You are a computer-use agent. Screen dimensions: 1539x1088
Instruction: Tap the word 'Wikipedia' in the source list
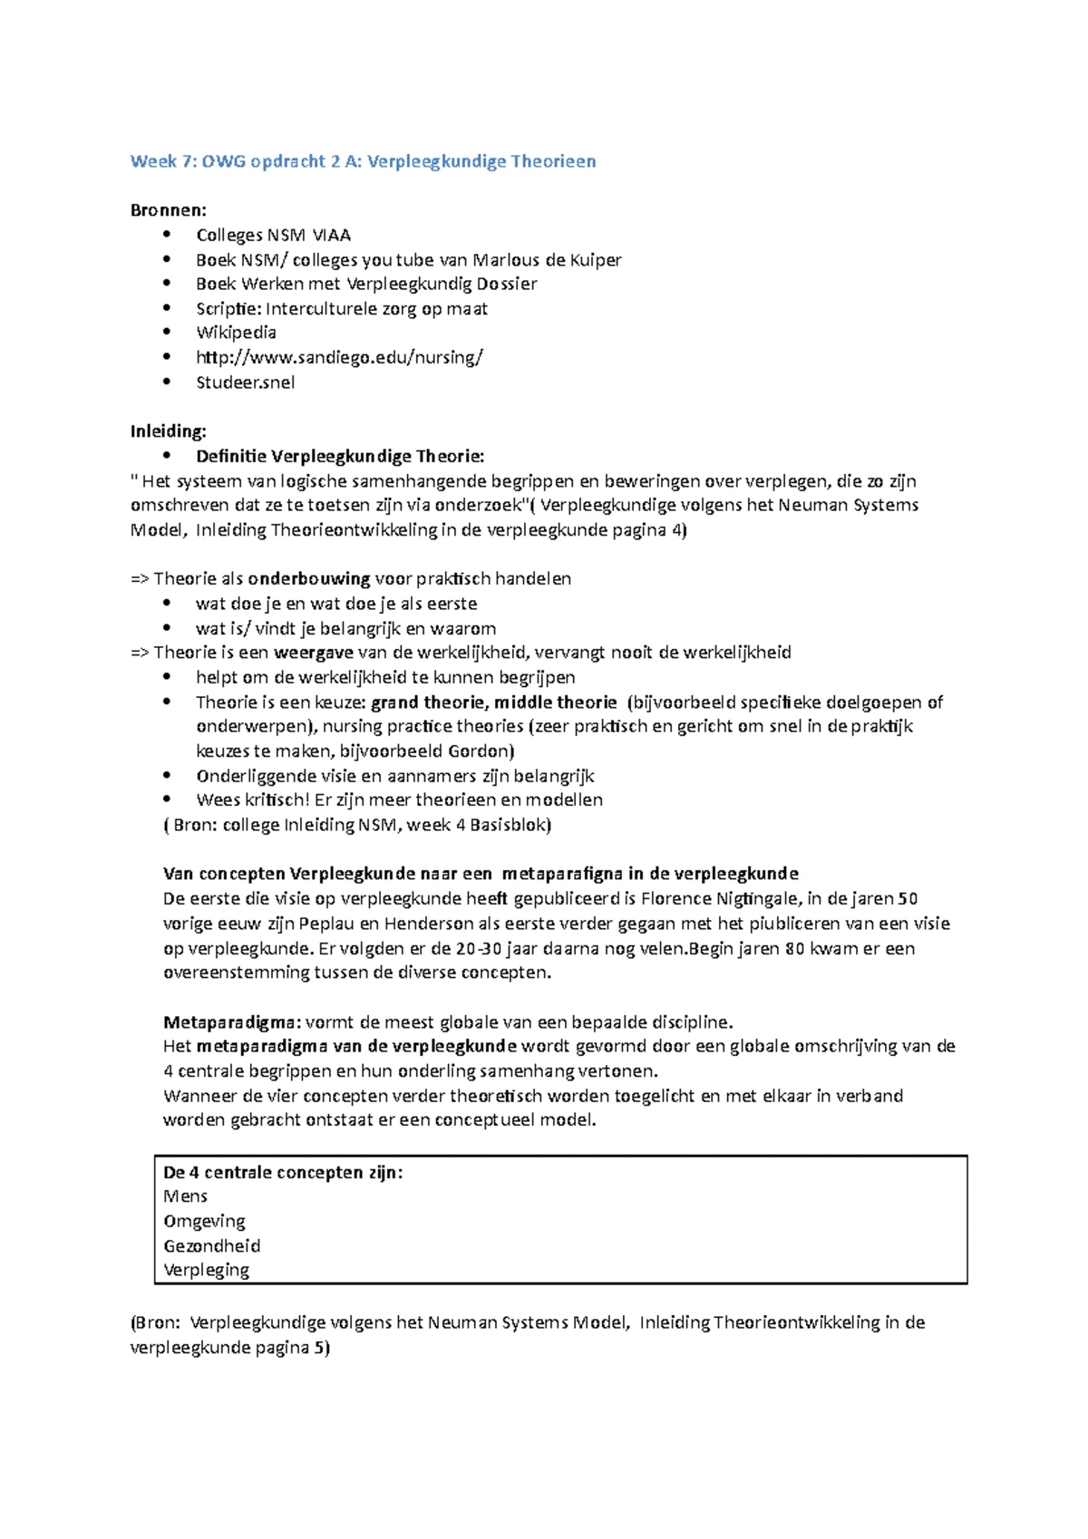tap(236, 333)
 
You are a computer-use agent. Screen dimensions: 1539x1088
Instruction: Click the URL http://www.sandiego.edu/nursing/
tap(339, 357)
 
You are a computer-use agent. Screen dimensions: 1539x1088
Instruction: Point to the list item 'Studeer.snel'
tap(245, 382)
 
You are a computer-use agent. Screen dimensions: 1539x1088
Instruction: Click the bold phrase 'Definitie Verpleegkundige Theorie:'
tap(340, 456)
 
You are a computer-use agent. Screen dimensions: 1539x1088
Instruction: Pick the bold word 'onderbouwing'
tap(309, 579)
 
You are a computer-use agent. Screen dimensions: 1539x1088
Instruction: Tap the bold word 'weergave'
tap(314, 653)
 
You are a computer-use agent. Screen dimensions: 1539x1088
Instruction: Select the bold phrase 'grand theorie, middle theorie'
tap(494, 702)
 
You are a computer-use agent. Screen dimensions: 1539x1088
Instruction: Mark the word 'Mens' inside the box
tap(186, 1196)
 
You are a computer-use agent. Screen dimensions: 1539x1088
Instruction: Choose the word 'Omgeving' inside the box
tap(204, 1222)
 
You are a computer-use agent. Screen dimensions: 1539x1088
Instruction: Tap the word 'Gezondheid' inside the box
tap(211, 1246)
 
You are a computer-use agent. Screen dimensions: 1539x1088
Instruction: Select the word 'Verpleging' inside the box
tap(206, 1271)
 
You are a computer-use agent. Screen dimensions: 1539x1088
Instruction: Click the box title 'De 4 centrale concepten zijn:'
tap(283, 1173)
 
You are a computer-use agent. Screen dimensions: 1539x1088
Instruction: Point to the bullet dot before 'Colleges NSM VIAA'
tap(165, 235)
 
